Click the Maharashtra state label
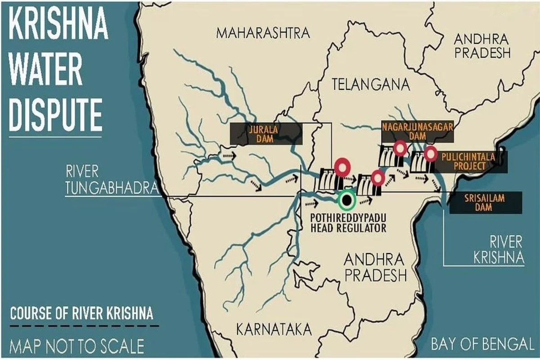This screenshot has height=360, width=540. click(263, 33)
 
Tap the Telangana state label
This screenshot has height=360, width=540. click(371, 85)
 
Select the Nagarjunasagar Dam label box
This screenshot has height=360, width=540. click(417, 129)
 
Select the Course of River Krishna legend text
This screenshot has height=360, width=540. click(81, 313)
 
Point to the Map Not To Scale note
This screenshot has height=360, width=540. click(77, 346)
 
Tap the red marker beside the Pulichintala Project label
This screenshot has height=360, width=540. click(431, 154)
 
